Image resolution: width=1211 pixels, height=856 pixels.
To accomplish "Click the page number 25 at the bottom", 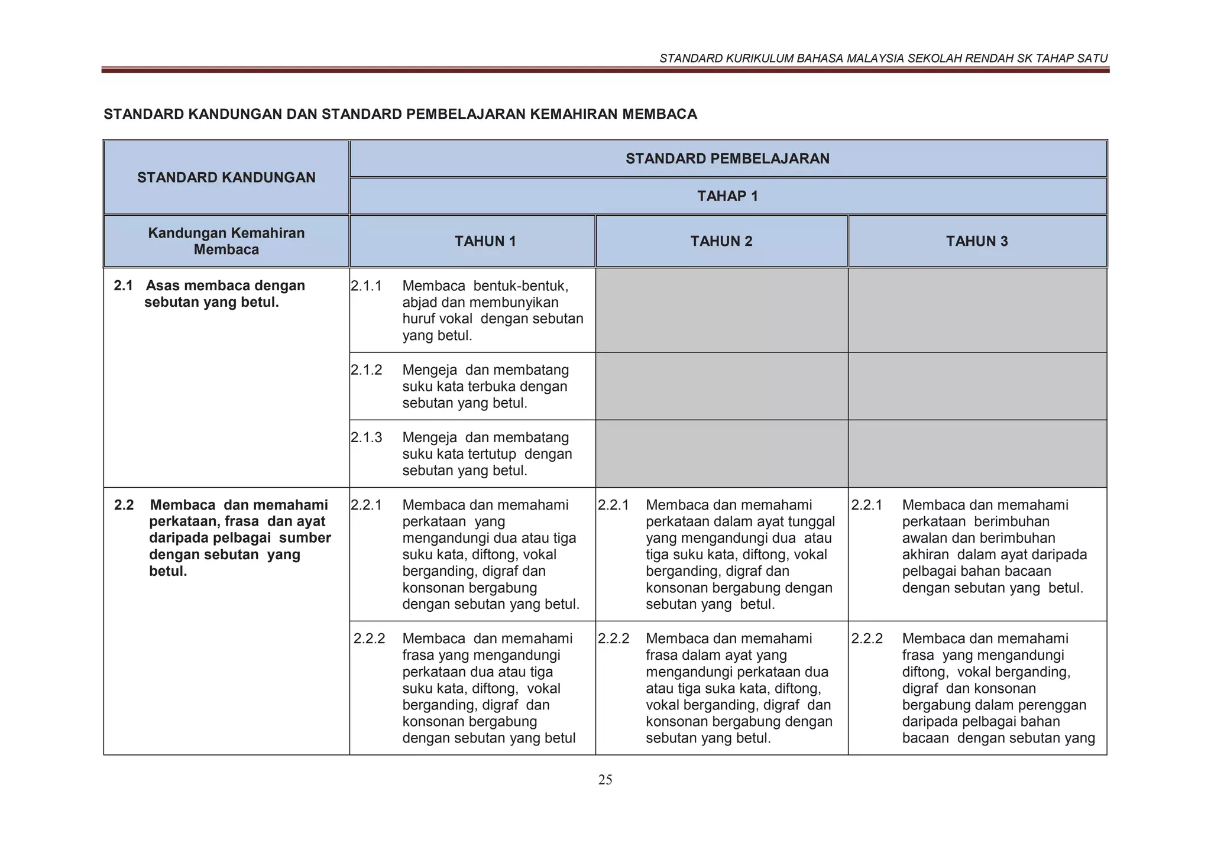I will point(605,780).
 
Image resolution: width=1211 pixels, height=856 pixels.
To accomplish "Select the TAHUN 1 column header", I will point(485,241).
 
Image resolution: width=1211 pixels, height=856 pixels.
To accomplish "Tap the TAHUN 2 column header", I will point(721,241).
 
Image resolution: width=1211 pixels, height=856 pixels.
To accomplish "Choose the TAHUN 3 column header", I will point(976,241).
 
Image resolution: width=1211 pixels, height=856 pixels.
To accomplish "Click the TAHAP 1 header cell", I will point(727,196).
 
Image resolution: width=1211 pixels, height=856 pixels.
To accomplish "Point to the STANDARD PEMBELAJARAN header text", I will point(727,158).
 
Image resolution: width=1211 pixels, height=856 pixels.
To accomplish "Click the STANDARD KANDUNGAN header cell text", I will point(226,177).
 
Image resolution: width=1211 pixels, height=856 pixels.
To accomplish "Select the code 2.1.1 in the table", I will point(366,286).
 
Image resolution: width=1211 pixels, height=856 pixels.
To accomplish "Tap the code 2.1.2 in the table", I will point(366,370).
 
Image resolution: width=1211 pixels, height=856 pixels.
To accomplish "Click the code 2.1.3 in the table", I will point(366,437).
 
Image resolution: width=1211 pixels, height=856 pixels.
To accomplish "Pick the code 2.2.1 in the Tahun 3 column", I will point(866,505).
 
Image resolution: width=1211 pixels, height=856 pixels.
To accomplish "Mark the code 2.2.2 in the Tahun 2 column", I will point(613,638).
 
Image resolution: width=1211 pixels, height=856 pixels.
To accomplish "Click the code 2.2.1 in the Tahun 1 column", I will point(366,505).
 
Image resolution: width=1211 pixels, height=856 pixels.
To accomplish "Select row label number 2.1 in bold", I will point(123,286).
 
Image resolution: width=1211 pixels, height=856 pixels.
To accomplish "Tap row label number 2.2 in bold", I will point(124,505).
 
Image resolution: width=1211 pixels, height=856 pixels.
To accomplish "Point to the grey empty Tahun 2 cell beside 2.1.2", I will point(721,386).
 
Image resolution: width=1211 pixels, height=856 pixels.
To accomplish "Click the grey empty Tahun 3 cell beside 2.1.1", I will point(977,310).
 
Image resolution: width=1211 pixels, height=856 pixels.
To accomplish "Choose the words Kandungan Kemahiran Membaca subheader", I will point(226,241).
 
